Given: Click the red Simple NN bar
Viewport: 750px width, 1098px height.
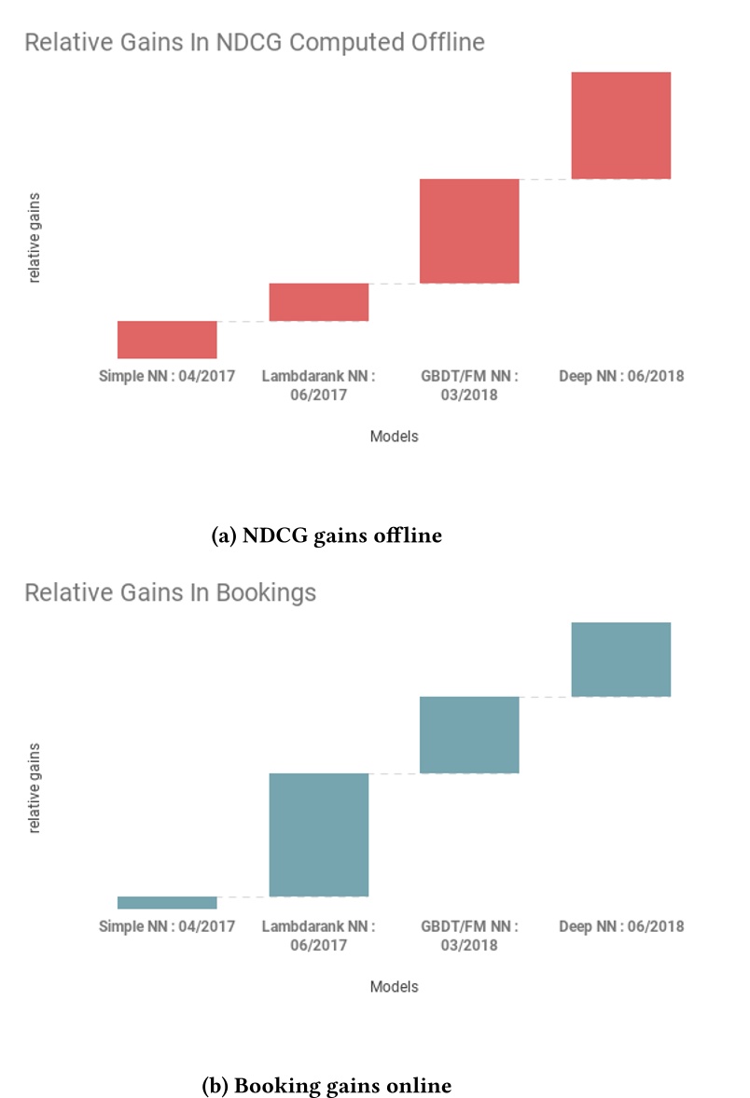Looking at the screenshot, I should (167, 340).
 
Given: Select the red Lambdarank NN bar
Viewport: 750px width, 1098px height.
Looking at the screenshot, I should (319, 302).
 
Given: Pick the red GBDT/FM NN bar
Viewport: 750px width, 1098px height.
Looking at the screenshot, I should (469, 230).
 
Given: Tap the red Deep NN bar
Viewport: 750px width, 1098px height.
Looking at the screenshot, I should (621, 125).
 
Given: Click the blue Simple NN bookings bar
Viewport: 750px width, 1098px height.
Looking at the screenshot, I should (167, 902).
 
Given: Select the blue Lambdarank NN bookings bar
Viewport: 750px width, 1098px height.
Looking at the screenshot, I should (319, 835).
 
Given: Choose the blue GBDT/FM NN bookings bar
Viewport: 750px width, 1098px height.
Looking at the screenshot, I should (469, 735).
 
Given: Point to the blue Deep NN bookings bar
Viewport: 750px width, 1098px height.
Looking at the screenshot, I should (621, 660).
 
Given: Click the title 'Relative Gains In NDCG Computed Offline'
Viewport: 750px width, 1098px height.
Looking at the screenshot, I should (255, 43).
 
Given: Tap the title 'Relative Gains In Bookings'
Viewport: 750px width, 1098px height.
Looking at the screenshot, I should (170, 593).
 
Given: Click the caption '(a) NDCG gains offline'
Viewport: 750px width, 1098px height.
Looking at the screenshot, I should (326, 536).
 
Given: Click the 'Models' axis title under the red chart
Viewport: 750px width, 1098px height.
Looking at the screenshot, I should (394, 437).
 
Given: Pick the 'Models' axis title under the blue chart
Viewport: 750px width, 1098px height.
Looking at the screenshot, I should (394, 986).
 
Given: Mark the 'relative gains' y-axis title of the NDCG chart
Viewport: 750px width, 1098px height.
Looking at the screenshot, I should (35, 238).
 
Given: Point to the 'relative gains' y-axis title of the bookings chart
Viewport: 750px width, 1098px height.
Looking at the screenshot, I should (35, 787).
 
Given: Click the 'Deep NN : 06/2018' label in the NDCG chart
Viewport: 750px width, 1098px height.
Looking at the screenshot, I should (621, 377).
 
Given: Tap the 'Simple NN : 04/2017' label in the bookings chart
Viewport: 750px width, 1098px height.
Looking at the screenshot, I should (167, 926).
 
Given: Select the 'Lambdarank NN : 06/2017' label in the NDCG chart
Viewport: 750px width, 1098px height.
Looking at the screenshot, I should (319, 385).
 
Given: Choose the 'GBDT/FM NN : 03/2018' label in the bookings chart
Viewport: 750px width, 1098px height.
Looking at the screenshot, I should (470, 935).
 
